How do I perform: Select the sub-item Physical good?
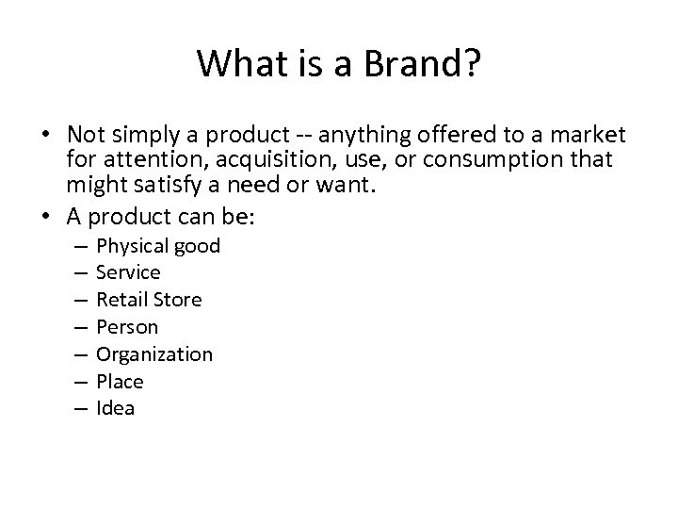click(x=158, y=246)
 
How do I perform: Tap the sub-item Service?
click(x=129, y=272)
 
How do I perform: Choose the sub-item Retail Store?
click(x=149, y=300)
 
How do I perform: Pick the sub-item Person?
click(x=128, y=327)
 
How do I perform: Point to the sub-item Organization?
click(x=154, y=354)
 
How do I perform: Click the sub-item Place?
click(x=121, y=382)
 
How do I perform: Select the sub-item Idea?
click(x=116, y=408)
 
